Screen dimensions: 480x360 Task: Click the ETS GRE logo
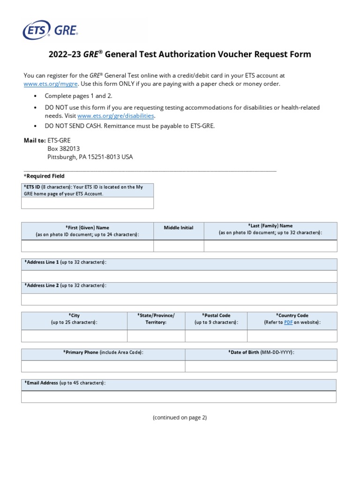[x=51, y=30]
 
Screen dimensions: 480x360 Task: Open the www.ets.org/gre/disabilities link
[x=116, y=116]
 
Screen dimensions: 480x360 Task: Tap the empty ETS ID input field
[x=87, y=203]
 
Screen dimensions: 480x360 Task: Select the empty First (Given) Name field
[x=87, y=246]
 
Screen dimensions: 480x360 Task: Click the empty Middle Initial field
[x=179, y=246]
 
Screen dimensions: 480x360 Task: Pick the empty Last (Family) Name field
[x=270, y=246]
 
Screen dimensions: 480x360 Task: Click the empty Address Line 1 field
[x=179, y=276]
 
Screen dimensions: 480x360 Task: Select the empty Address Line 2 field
[x=179, y=300]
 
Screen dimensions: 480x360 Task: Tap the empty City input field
[x=74, y=336]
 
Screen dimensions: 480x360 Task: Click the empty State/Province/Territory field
[x=156, y=336]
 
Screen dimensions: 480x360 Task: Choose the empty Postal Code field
[x=216, y=336]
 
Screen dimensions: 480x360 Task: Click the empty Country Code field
[x=292, y=336]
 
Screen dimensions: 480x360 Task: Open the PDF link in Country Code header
[x=288, y=322]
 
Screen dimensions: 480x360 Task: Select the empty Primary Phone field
[x=103, y=366]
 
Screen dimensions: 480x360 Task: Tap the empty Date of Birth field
[x=261, y=366]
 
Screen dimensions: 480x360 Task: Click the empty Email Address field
[x=179, y=397]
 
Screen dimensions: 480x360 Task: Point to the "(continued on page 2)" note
[x=180, y=418]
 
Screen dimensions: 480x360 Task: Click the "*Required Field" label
[x=44, y=176]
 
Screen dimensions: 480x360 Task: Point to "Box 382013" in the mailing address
[x=64, y=149]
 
